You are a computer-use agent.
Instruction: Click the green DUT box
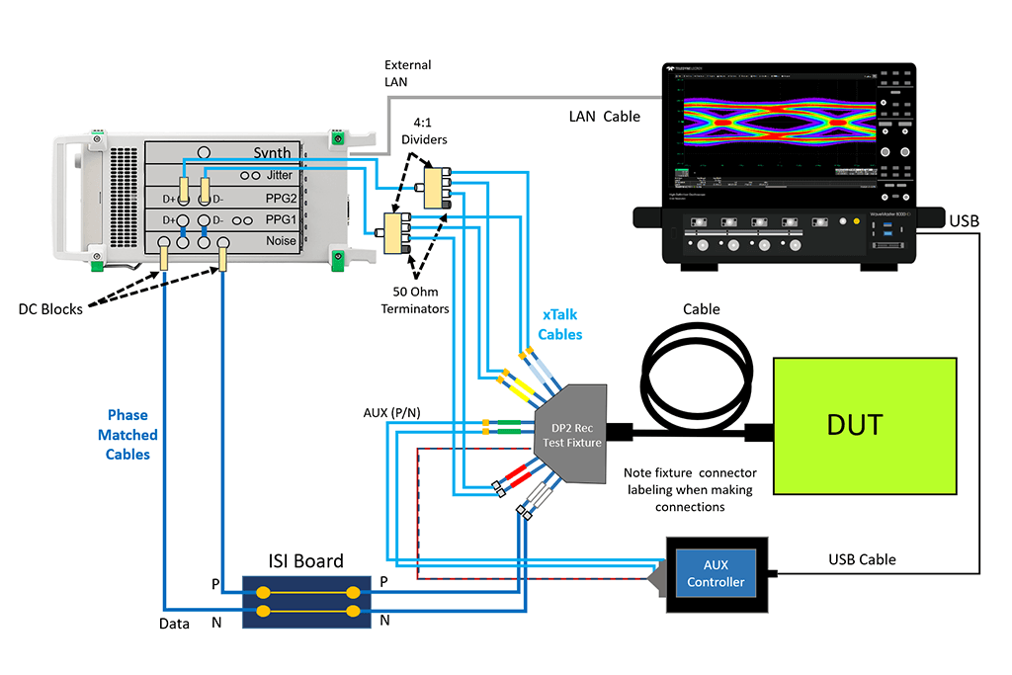pos(864,426)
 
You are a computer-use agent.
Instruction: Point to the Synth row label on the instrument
pos(272,152)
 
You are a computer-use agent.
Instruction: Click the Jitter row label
pos(280,175)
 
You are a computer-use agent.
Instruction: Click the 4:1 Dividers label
pos(423,131)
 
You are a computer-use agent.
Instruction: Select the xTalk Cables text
pos(559,324)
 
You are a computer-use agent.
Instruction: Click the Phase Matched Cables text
pos(128,435)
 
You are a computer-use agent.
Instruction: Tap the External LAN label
pos(407,73)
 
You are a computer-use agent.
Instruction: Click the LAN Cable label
pos(604,117)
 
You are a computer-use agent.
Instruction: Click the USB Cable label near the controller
pos(861,559)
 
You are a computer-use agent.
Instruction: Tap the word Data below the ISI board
pos(175,624)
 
